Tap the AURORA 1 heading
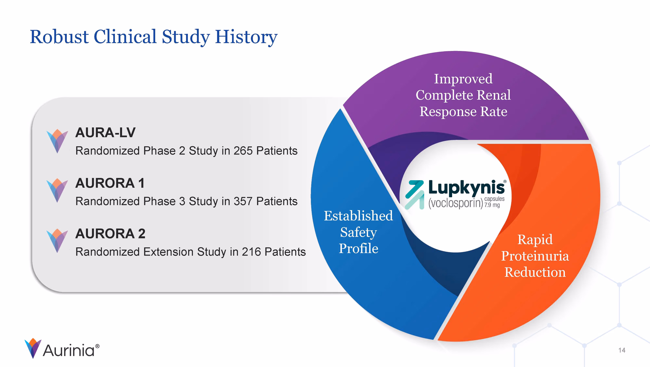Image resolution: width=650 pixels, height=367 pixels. point(110,183)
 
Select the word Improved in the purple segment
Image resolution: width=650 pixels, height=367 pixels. point(463,79)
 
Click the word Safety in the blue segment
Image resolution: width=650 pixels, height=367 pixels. point(358,232)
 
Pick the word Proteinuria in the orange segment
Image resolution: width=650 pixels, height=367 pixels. point(535,256)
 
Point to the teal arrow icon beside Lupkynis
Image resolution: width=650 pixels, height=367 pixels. point(415,195)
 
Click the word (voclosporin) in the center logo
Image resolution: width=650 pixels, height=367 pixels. point(455,203)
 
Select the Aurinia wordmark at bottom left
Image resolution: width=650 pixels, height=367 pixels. point(68,351)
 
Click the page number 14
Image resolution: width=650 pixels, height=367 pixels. point(622,350)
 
